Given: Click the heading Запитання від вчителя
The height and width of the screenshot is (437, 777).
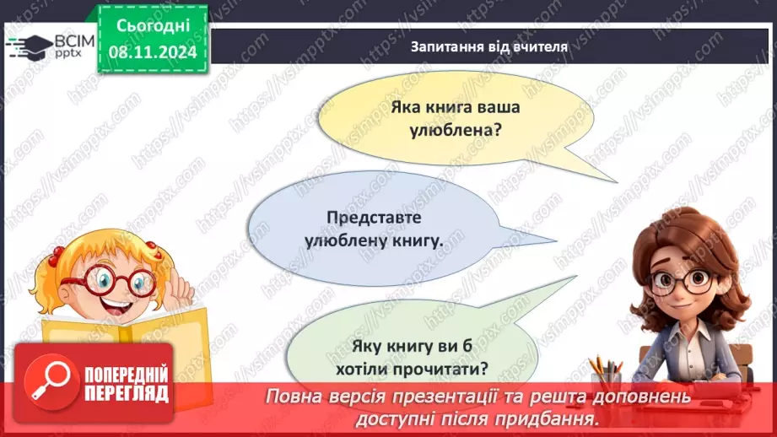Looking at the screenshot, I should tap(489, 46).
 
